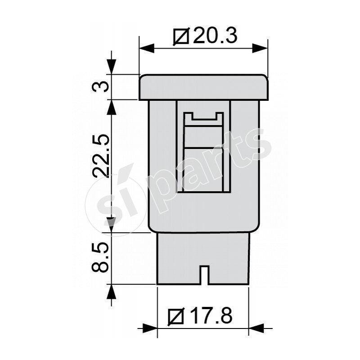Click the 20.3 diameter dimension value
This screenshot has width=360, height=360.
[x=215, y=36]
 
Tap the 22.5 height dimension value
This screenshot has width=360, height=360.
[x=100, y=156]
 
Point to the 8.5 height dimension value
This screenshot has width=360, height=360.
[x=100, y=257]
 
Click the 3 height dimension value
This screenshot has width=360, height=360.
[x=100, y=87]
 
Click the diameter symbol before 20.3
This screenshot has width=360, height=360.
[x=181, y=36]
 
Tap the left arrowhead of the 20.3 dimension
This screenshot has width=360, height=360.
[x=147, y=48]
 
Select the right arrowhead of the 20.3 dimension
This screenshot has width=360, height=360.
[x=260, y=48]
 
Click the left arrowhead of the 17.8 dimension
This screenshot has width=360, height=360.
[x=150, y=328]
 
